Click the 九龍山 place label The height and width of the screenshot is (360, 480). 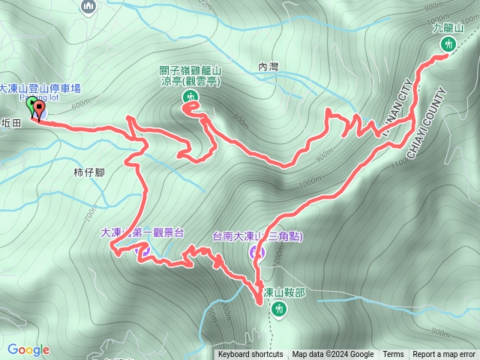tap(448, 28)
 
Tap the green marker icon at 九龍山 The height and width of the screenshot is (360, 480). tap(448, 45)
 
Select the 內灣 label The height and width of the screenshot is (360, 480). tap(268, 67)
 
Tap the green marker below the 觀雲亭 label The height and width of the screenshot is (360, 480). tap(190, 97)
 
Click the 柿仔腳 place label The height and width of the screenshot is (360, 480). tap(88, 172)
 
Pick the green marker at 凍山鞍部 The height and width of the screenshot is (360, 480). tap(280, 307)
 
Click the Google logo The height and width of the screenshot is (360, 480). tap(28, 349)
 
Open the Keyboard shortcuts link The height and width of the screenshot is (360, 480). tap(250, 355)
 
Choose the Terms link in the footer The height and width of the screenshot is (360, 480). tap(393, 355)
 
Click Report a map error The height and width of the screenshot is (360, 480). tap(445, 355)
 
